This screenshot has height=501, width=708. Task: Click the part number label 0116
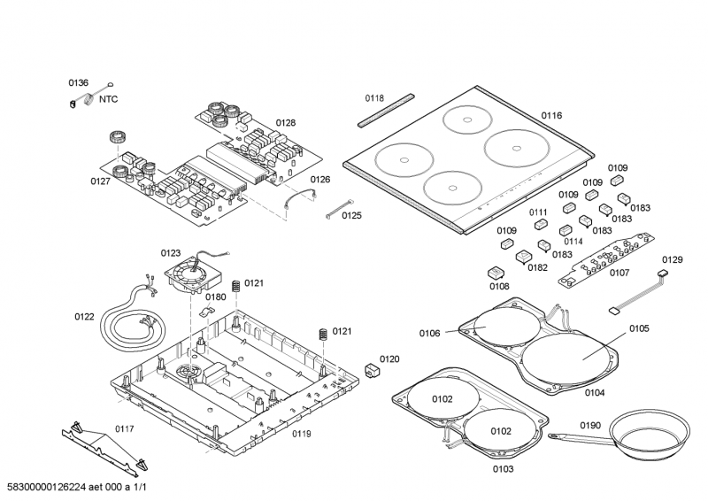pos(551,116)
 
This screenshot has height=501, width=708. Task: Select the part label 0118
pos(374,99)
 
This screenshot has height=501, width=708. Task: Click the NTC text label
pos(108,101)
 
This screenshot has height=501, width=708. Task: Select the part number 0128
pos(285,123)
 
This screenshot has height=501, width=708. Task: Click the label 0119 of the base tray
pos(302,433)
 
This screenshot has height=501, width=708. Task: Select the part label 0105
pos(639,328)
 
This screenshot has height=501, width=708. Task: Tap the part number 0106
pos(429,333)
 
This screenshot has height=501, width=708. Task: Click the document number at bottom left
pos(76,488)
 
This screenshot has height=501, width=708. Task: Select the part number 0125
pos(351,214)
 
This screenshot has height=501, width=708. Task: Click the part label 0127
pos(100,181)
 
